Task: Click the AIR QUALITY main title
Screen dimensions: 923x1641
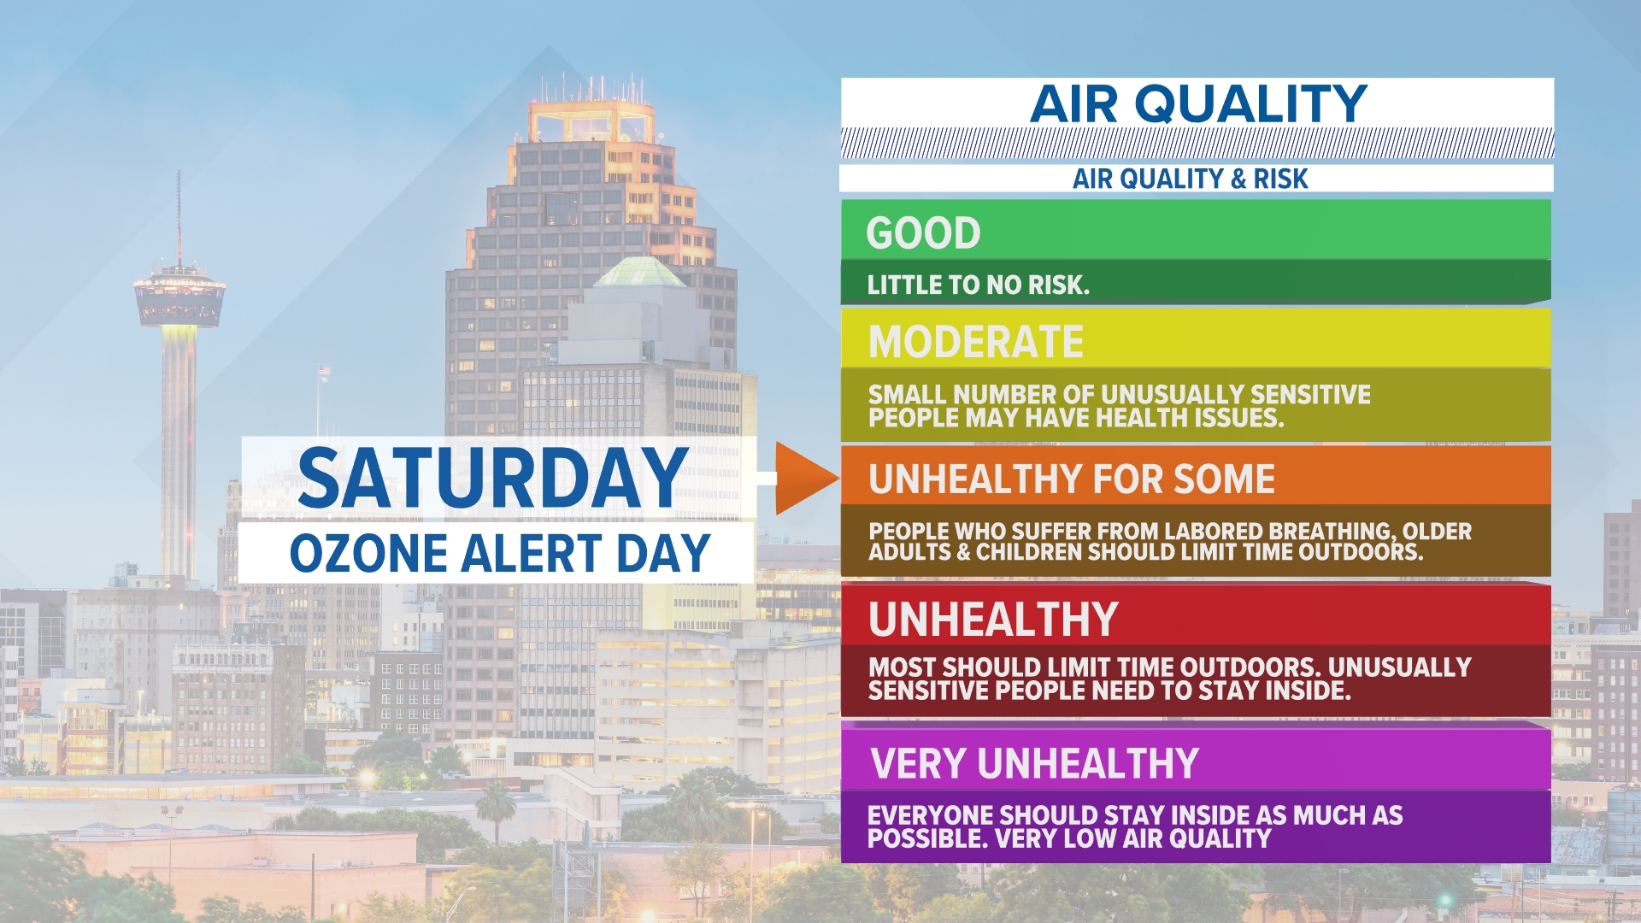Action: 1197,104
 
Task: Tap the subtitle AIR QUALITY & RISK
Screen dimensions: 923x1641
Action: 1190,179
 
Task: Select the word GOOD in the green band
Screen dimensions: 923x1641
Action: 923,233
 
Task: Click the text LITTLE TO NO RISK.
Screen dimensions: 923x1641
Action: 978,285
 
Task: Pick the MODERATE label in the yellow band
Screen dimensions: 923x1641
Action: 975,342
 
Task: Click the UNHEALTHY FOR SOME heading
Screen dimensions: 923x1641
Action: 1071,479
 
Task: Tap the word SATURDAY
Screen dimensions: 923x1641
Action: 492,479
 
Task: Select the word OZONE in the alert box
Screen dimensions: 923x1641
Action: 368,553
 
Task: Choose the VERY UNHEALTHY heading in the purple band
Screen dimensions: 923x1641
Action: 1034,763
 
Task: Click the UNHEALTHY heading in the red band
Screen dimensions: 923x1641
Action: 993,619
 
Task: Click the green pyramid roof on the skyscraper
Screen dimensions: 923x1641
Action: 639,272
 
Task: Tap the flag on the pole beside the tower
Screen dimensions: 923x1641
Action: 324,371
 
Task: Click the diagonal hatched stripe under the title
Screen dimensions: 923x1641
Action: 1197,144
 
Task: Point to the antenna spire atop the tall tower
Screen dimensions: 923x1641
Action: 179,214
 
